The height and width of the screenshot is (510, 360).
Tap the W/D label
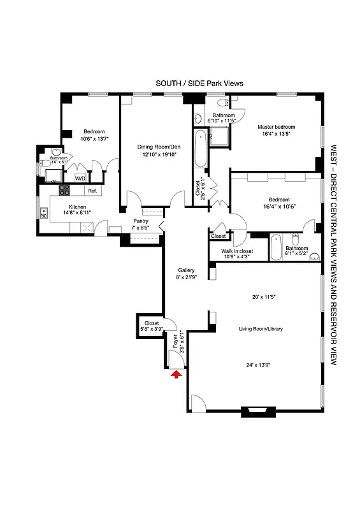(x=80, y=179)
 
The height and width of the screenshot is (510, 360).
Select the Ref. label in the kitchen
(x=92, y=191)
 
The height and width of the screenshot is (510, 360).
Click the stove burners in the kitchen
(x=64, y=189)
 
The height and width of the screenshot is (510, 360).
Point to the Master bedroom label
(x=275, y=127)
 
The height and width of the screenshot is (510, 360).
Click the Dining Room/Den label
(x=155, y=147)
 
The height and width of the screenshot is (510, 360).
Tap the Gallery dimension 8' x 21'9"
(x=186, y=277)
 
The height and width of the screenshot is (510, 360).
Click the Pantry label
(x=140, y=221)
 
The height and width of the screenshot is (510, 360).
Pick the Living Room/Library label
(x=261, y=329)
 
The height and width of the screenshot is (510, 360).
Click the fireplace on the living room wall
(x=258, y=411)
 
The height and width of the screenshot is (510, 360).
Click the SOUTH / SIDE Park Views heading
(x=199, y=84)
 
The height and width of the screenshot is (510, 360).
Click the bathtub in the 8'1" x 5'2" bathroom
(x=277, y=248)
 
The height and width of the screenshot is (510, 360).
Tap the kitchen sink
(x=44, y=215)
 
